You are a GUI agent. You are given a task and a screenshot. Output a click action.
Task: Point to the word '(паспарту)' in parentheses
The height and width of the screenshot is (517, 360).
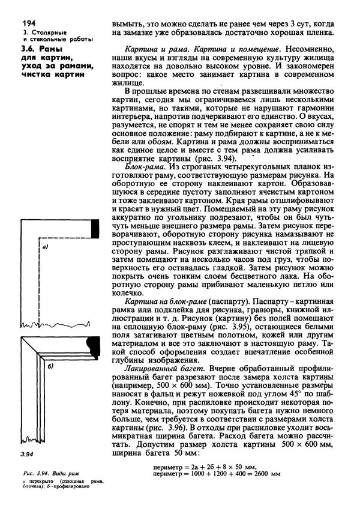click(228, 299)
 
